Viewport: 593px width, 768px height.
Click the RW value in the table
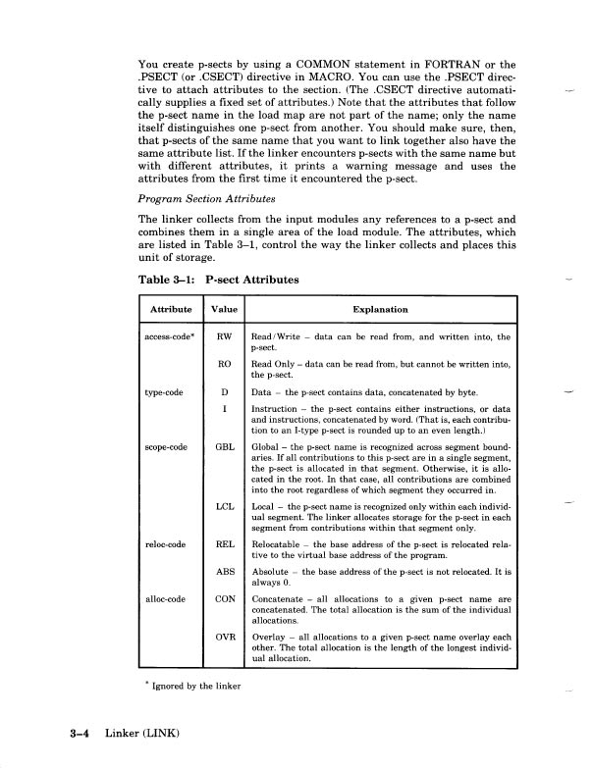223,337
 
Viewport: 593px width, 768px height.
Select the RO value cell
223,364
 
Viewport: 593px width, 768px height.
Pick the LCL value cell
223,507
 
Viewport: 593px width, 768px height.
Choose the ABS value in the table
223,597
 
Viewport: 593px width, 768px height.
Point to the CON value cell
223,626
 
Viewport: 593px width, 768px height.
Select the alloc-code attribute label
163,626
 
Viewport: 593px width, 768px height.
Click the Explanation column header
380,309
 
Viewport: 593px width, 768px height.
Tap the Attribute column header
170,309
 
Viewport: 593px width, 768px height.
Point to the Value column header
224,309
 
